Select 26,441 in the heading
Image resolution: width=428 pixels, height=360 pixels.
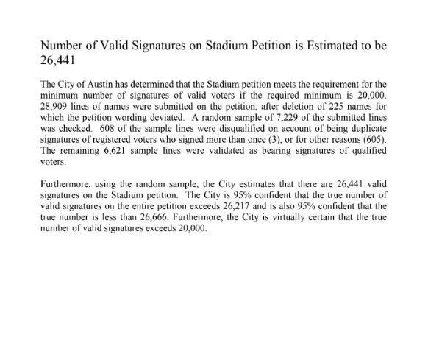pyautogui.click(x=57, y=61)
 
